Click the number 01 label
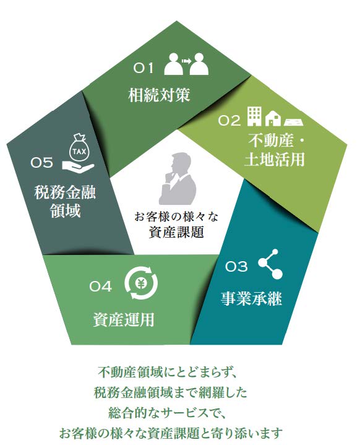(144, 68)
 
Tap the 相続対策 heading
(159, 95)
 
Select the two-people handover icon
(186, 64)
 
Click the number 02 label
(229, 120)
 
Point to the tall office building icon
(254, 116)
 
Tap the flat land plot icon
(294, 122)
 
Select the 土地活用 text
(274, 159)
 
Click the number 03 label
(236, 267)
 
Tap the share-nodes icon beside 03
(270, 264)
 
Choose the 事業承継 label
(251, 298)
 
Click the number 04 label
(100, 287)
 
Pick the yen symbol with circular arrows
(141, 284)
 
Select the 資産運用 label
(124, 319)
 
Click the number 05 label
(41, 163)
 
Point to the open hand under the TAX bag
(78, 166)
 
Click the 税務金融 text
(65, 192)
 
